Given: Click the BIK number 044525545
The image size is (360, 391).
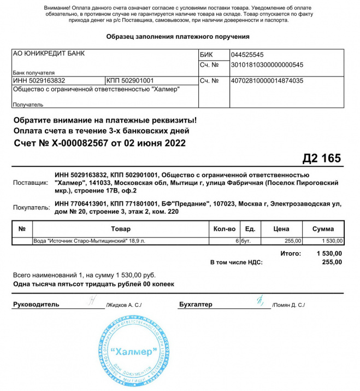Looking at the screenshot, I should coord(247,55).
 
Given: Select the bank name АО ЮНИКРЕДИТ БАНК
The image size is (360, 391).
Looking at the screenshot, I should coord(49,54).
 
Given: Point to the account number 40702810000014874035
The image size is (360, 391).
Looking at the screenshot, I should coord(267,81).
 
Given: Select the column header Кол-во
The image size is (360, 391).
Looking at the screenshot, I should coord(224,229).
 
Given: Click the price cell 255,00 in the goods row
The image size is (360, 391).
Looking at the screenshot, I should coord(293,241).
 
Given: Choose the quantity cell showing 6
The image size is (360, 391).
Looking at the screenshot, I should coord(237,241).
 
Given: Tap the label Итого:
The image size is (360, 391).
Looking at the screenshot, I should coord(290,253).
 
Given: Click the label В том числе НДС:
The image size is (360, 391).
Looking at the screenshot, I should coord(236,262).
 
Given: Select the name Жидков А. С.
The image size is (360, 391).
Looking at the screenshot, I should coord(123,305).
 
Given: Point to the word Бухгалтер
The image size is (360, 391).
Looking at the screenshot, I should coord(196,305).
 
